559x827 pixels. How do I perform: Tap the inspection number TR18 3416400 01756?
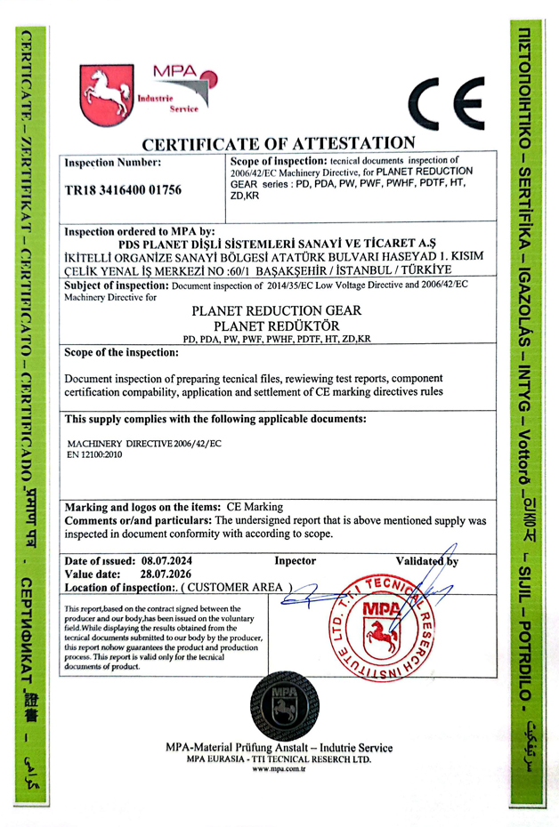[123, 189]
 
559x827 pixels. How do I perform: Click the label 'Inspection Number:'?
[113, 162]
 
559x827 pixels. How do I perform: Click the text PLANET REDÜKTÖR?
[278, 326]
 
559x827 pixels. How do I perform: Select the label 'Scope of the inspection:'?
[122, 351]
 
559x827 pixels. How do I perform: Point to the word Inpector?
[296, 561]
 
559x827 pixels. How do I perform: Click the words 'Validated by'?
[427, 561]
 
